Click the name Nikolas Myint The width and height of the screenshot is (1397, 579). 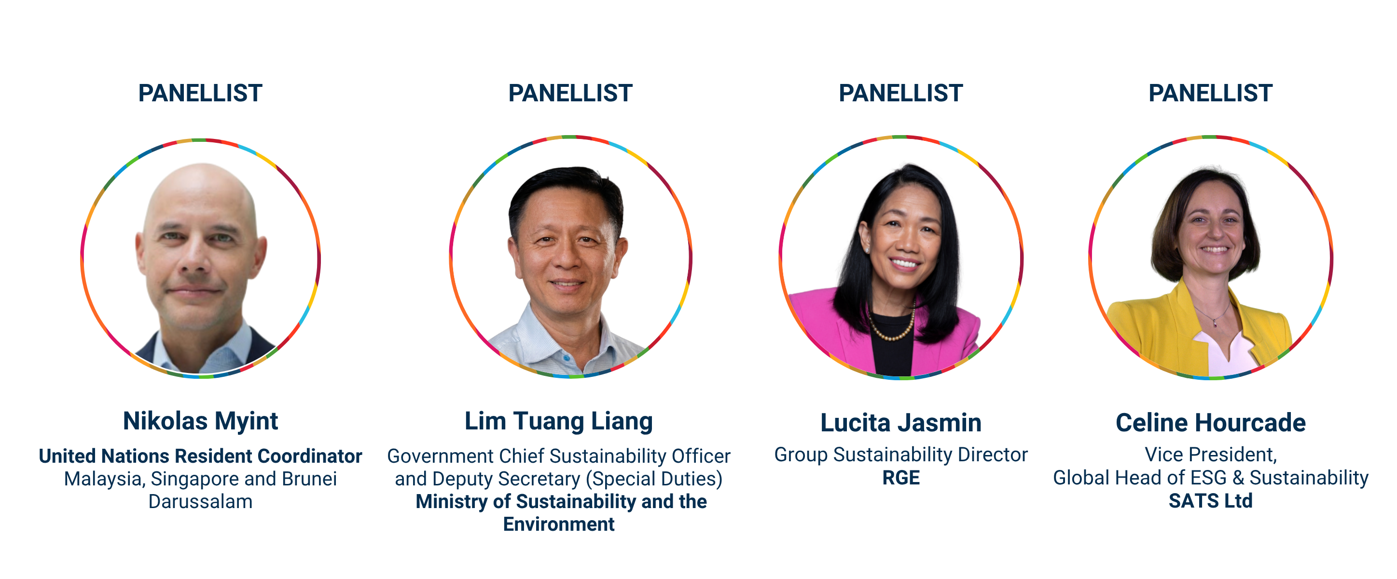pyautogui.click(x=200, y=421)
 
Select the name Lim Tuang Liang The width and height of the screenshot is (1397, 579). pyautogui.click(x=559, y=421)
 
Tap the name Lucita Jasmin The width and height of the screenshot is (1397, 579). pyautogui.click(x=901, y=423)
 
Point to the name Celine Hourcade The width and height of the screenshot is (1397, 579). pyautogui.click(x=1210, y=423)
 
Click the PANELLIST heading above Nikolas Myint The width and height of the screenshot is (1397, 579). pyautogui.click(x=200, y=93)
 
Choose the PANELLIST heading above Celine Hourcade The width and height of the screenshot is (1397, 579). pyautogui.click(x=1210, y=93)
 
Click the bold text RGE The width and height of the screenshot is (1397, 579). pyautogui.click(x=901, y=478)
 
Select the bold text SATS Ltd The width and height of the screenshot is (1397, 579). pyautogui.click(x=1210, y=501)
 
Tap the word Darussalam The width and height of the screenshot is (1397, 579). pyautogui.click(x=200, y=501)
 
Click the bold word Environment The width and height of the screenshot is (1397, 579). pyautogui.click(x=559, y=524)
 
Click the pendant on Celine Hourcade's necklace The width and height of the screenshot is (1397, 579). pyautogui.click(x=1215, y=324)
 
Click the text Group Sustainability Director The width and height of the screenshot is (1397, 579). pyautogui.click(x=901, y=455)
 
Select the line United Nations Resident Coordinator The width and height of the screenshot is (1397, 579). pyautogui.click(x=200, y=456)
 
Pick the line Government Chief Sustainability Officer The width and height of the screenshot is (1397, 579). pyautogui.click(x=559, y=456)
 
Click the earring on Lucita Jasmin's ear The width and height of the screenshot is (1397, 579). pyautogui.click(x=868, y=249)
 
